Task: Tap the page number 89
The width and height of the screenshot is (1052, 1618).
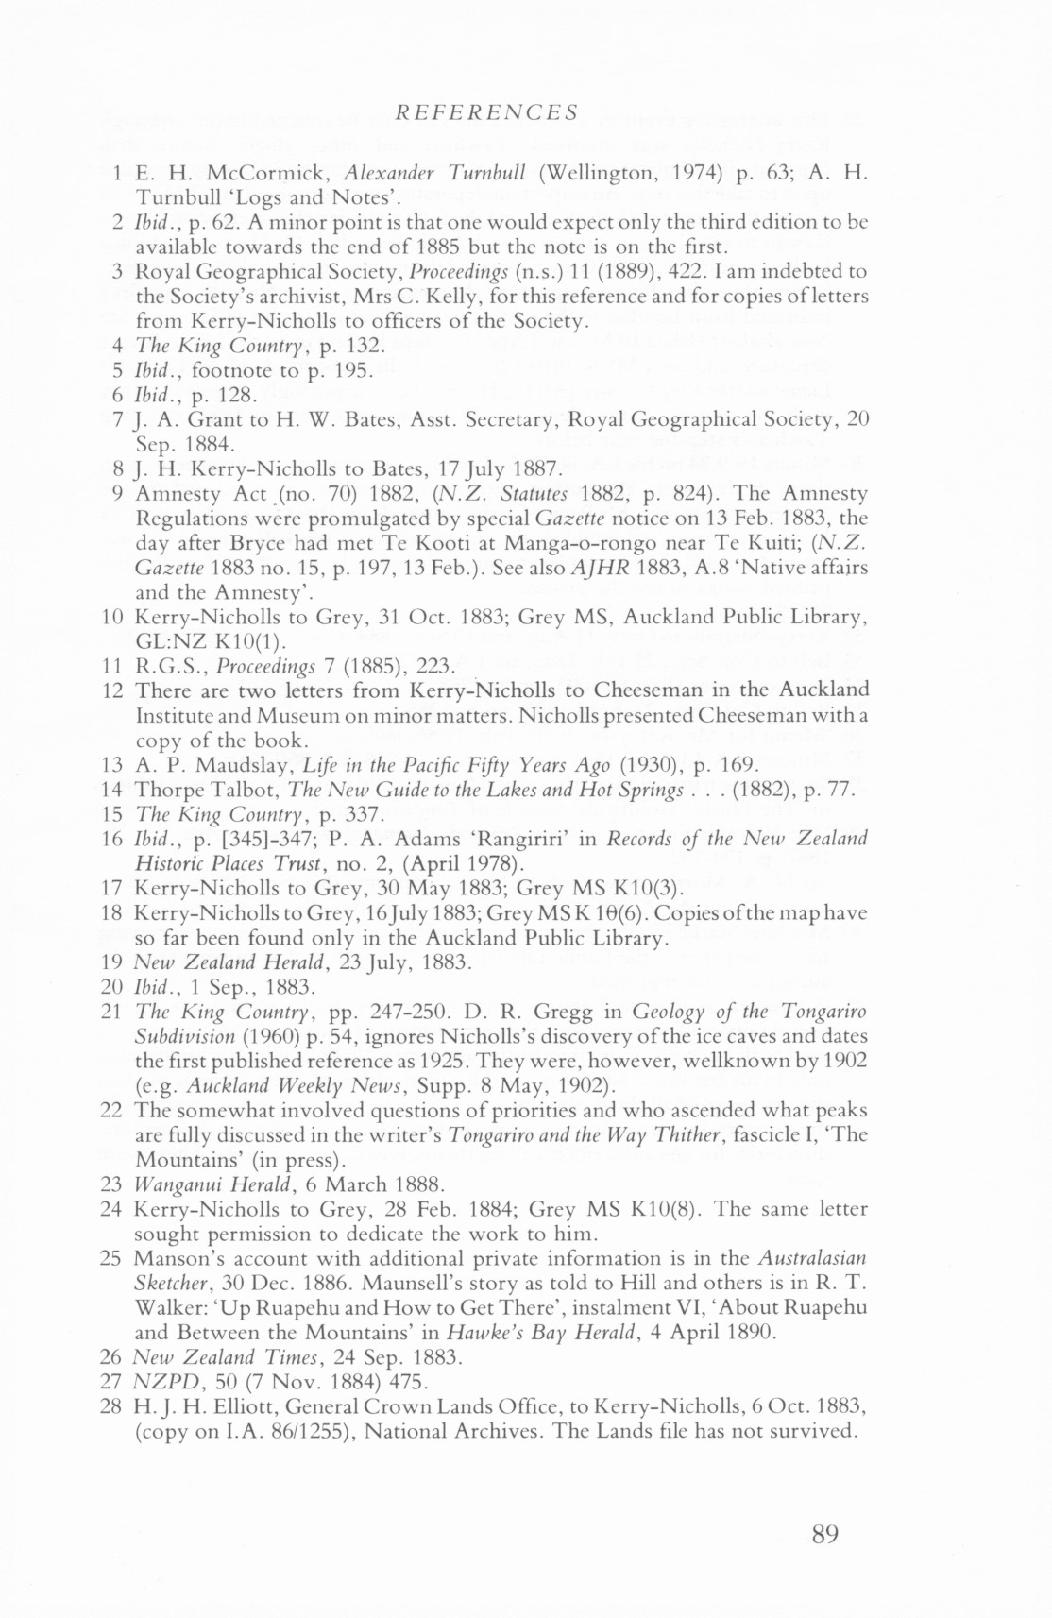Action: [x=824, y=1534]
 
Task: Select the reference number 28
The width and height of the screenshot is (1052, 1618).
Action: [x=111, y=1406]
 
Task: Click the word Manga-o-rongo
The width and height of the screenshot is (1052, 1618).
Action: [x=559, y=543]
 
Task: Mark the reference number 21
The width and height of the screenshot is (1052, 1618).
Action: [x=111, y=1012]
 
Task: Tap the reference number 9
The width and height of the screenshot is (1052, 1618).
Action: [x=117, y=493]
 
